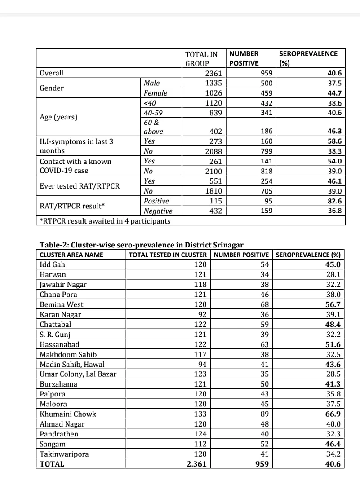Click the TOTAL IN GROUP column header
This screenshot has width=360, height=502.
(x=201, y=58)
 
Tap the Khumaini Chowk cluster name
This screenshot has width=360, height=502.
(x=68, y=414)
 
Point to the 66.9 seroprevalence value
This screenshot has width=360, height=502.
(x=332, y=414)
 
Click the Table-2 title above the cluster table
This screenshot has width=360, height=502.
(x=142, y=245)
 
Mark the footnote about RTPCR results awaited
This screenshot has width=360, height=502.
(x=105, y=220)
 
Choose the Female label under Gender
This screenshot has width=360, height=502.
(x=155, y=93)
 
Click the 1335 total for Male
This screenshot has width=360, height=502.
(x=213, y=83)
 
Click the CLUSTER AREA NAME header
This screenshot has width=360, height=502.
(x=71, y=255)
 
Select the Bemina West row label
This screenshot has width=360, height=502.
(x=62, y=304)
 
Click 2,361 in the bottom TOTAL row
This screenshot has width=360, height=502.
(x=196, y=464)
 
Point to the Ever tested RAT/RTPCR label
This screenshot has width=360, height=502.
(x=80, y=186)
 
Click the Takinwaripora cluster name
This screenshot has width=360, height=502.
(x=64, y=454)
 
